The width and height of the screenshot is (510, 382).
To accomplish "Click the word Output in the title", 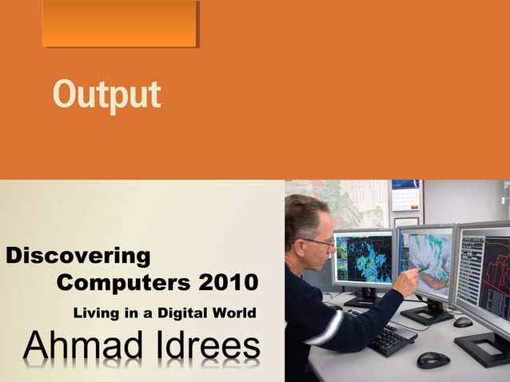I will (x=106, y=95).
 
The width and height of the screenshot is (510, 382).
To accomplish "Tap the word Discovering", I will (x=78, y=257).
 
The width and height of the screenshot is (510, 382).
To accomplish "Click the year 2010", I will (x=229, y=283).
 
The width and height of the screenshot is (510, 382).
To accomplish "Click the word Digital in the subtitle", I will (x=183, y=312).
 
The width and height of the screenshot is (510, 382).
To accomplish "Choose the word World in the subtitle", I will (x=233, y=312).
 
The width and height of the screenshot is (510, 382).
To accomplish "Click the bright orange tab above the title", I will (x=119, y=23).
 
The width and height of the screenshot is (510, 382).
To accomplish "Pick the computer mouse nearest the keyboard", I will (x=432, y=360).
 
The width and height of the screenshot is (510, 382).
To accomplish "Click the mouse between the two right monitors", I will (x=463, y=322).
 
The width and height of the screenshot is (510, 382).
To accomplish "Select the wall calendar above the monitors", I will (x=405, y=196).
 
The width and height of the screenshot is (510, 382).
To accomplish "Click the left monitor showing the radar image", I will (x=364, y=259).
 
